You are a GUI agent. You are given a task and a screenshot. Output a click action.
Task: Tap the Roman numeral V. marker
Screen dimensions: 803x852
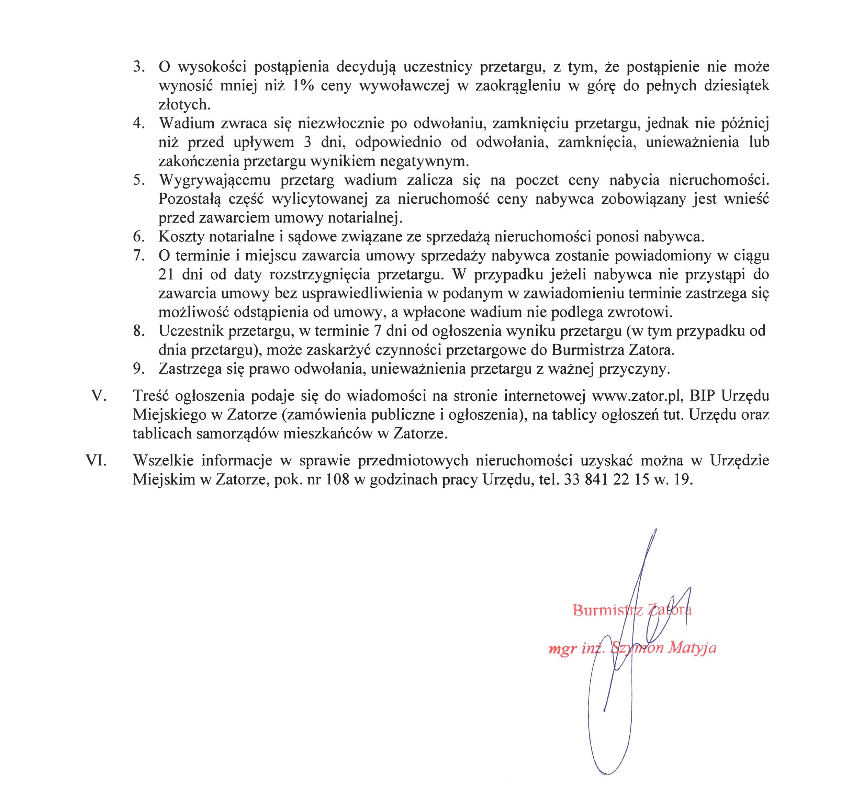[x=99, y=396]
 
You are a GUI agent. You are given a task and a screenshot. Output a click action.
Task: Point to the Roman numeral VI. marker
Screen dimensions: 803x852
[x=96, y=461]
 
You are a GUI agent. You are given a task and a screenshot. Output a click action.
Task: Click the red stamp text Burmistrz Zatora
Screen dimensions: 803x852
[x=632, y=610]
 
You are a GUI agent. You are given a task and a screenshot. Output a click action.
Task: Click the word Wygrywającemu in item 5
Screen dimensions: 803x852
[x=214, y=180]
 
